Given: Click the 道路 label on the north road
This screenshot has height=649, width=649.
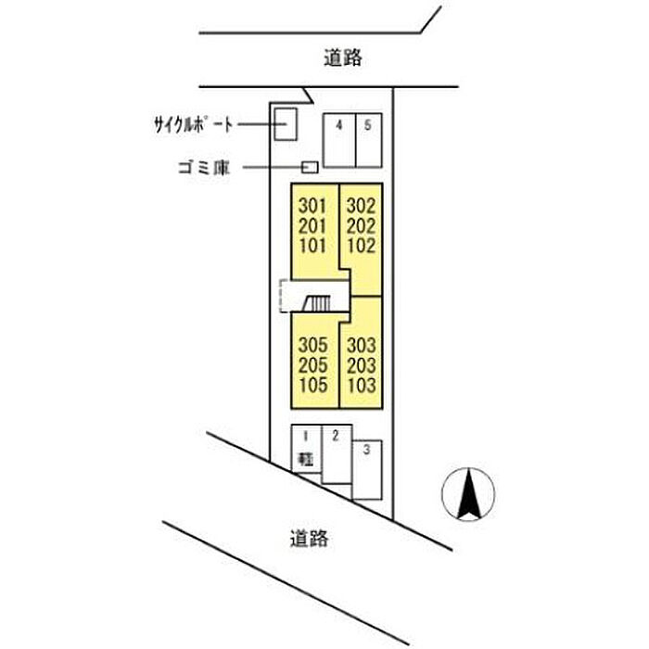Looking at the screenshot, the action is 343,57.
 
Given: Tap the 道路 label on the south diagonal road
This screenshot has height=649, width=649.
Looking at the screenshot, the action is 309,539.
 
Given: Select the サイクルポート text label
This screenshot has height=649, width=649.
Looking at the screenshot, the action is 193,124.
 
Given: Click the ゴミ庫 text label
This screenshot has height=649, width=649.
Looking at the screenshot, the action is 204,168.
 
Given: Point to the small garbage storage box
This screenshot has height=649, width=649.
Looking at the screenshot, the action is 310,167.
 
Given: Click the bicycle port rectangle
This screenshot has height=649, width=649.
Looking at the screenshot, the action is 286,124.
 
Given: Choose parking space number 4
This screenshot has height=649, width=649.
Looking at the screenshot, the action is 339,140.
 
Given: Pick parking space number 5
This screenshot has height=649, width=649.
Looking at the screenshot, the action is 369,140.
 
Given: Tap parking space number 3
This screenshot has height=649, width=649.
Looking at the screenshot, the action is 367,470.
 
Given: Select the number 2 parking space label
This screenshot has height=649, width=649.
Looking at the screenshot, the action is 336,436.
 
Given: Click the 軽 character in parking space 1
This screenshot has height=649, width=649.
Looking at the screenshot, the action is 306,460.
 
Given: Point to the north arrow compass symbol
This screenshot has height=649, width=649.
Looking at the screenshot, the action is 468,494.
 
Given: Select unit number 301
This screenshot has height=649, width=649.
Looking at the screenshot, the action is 312,206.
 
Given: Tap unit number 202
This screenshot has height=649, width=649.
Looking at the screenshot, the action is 362,226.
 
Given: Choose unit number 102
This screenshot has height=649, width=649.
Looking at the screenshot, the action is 362,246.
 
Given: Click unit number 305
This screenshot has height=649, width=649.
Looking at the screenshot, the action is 313,345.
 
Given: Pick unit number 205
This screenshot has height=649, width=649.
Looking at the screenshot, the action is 313,365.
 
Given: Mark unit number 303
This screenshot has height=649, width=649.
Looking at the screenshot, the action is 362,345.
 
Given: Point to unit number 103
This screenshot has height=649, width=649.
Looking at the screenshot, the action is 362,386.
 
